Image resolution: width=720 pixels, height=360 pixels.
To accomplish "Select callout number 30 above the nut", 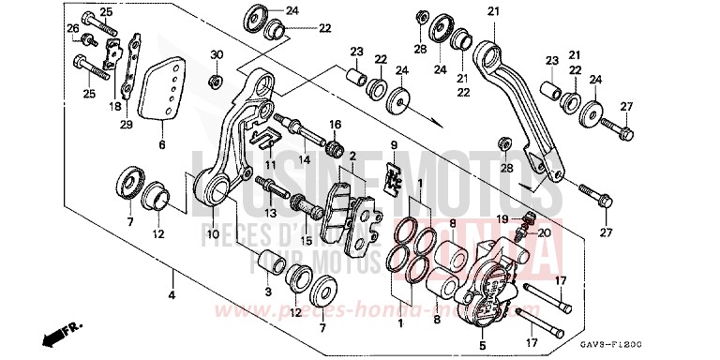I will coord(216,56).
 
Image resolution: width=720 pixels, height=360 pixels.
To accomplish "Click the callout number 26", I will coord(72,29).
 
